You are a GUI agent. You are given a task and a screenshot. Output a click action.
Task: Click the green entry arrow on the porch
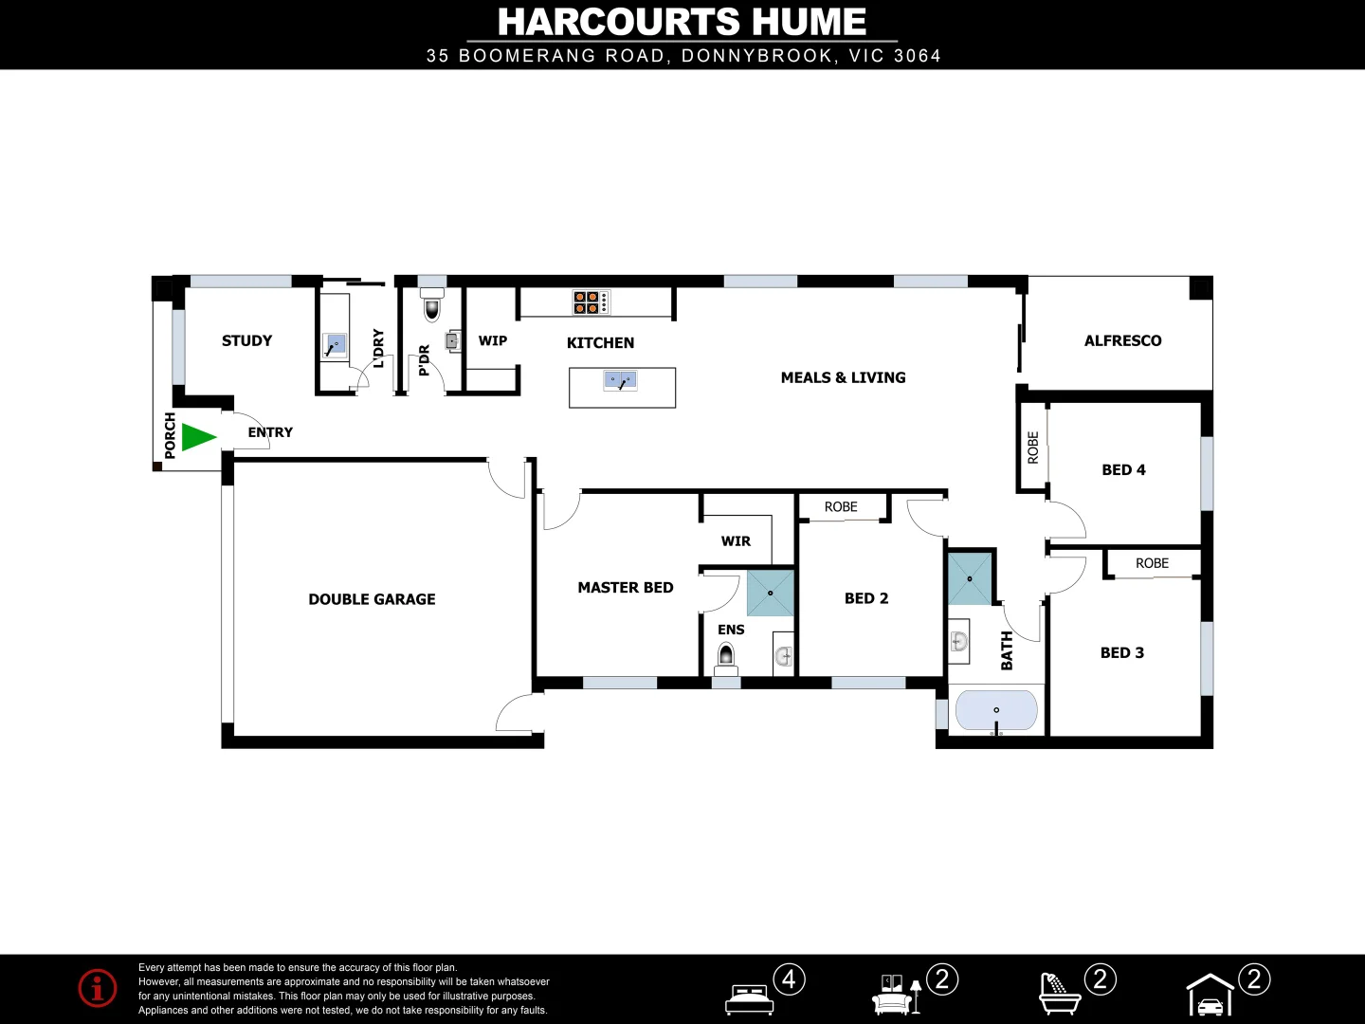[x=197, y=437]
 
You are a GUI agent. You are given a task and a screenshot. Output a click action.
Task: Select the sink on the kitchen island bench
[x=621, y=381]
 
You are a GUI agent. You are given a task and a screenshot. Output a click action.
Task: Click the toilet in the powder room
[x=432, y=308]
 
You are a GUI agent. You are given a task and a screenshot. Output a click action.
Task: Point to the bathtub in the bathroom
[x=996, y=710]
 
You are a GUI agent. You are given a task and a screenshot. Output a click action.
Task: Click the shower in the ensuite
[x=770, y=594]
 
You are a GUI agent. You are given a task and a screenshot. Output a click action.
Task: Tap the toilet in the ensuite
[x=726, y=655]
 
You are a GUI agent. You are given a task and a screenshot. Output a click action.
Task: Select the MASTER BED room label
[x=625, y=588]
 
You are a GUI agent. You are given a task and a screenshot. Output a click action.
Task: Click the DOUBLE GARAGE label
[x=372, y=599]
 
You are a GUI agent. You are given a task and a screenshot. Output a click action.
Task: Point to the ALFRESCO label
[x=1122, y=340]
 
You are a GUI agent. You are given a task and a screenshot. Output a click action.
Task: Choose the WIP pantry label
[x=492, y=340]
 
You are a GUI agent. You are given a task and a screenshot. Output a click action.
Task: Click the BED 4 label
[x=1123, y=470]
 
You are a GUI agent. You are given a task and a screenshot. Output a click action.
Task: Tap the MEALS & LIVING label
[x=843, y=377]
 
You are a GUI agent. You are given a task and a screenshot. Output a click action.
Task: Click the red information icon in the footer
[x=98, y=989]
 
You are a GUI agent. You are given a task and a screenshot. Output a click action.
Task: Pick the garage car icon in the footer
[x=1210, y=996]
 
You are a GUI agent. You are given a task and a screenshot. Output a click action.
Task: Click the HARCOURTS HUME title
[x=682, y=22]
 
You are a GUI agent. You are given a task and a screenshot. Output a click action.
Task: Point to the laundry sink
[x=334, y=345]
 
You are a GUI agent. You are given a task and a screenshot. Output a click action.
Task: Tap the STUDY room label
[x=246, y=340]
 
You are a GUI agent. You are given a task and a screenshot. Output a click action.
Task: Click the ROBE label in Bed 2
[x=841, y=507]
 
